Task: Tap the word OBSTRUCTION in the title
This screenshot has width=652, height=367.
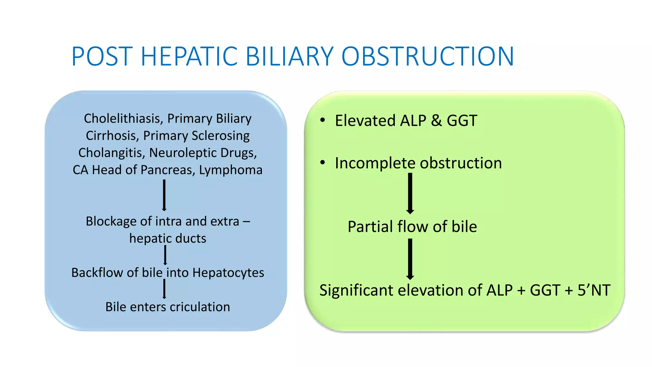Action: [x=428, y=56]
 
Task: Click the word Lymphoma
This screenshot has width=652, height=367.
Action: [x=231, y=170]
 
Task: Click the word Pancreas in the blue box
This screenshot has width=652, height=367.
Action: [x=168, y=170]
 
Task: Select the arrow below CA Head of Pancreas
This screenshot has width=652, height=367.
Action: [x=164, y=195]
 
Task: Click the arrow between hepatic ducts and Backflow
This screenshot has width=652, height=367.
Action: [x=165, y=255]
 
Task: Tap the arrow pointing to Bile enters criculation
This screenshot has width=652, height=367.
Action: [x=164, y=289]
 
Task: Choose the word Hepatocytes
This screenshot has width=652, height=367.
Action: [x=228, y=273]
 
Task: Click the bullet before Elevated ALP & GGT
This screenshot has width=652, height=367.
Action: [x=323, y=120]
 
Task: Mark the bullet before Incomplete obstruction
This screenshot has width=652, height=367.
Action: [x=323, y=162]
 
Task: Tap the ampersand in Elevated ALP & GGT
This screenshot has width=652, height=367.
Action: [x=436, y=121]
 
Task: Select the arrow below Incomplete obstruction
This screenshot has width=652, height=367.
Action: [x=410, y=193]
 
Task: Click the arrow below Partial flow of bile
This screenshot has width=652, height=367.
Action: [x=410, y=259]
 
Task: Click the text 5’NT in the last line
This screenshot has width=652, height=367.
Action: [x=594, y=290]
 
